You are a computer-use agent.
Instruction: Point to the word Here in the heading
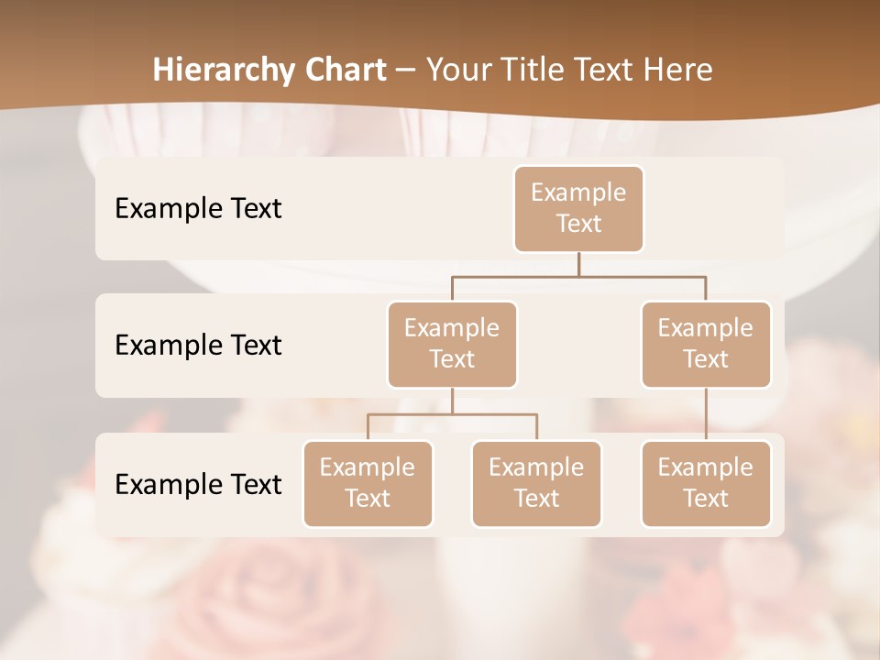tap(678, 70)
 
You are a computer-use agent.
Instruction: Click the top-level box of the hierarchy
tap(578, 208)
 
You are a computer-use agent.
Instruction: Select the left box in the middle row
tap(452, 344)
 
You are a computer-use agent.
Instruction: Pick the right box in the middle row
tap(706, 344)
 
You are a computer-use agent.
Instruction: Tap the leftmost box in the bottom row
tap(368, 483)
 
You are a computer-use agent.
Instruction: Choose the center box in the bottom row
tap(536, 483)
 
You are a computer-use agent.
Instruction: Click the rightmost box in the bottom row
tap(706, 483)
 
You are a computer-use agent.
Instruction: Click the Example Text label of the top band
tap(198, 208)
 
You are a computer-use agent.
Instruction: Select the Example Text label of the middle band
tap(198, 345)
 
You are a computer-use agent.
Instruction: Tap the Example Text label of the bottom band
tap(198, 484)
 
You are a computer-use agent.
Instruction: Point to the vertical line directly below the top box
tap(578, 264)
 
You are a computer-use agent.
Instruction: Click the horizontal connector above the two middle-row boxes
tap(578, 275)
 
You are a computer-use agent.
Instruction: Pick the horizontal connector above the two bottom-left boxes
tap(452, 414)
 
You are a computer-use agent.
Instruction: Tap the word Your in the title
tap(458, 70)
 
